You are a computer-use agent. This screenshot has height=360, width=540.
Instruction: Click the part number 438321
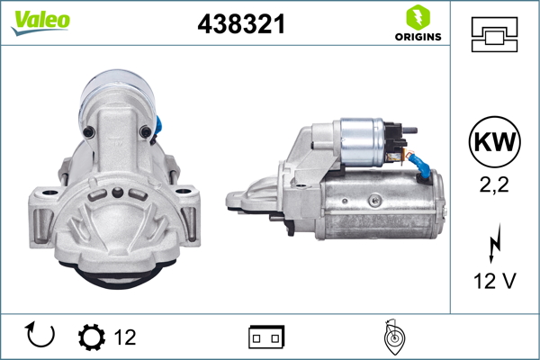click(x=241, y=25)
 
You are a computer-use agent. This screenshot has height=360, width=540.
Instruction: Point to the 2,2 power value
click(x=494, y=185)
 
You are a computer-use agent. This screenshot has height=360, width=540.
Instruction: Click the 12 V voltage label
click(x=494, y=282)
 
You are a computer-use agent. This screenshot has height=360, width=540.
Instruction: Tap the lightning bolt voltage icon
click(x=494, y=244)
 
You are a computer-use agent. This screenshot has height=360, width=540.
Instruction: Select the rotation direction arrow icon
click(x=40, y=336)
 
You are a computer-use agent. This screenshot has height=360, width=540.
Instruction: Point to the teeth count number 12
click(x=125, y=337)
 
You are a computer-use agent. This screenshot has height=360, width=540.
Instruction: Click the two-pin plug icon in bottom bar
click(x=266, y=337)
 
